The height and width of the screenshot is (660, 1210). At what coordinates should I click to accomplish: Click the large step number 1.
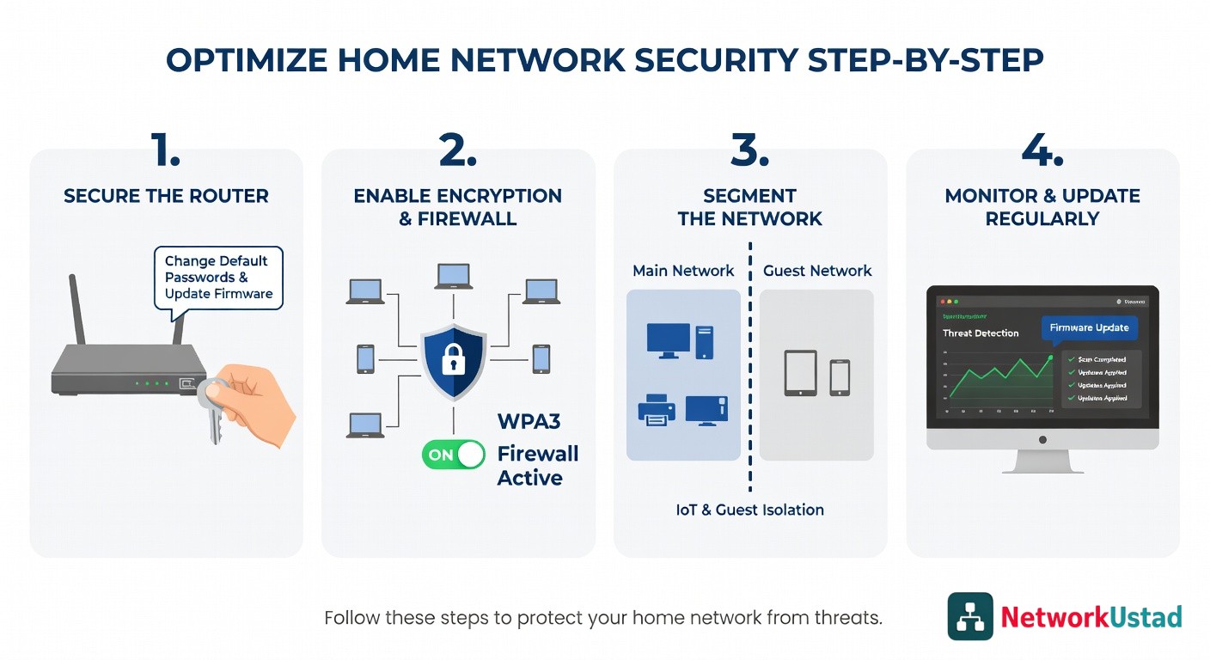pyautogui.click(x=166, y=151)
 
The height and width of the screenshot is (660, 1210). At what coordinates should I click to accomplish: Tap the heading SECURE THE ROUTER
pyautogui.click(x=166, y=196)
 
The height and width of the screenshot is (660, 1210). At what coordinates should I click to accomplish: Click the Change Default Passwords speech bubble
pyautogui.click(x=218, y=277)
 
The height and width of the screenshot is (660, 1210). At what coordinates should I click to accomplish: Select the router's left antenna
pyautogui.click(x=78, y=309)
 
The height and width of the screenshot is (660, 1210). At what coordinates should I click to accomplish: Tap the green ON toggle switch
pyautogui.click(x=453, y=455)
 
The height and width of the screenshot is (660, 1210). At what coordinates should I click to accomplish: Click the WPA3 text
pyautogui.click(x=529, y=421)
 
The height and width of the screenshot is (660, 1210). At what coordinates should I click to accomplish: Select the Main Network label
pyautogui.click(x=683, y=271)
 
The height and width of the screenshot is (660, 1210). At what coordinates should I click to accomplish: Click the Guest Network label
pyautogui.click(x=817, y=271)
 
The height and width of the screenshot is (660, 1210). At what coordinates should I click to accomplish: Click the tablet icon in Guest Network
pyautogui.click(x=800, y=372)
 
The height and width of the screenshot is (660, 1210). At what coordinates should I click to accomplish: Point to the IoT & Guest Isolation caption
pyautogui.click(x=749, y=510)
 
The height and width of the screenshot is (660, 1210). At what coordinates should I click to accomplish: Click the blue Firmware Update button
pyautogui.click(x=1089, y=328)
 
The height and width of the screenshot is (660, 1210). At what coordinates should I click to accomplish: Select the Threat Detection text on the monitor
pyautogui.click(x=981, y=333)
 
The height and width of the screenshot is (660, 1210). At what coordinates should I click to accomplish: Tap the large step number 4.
pyautogui.click(x=1042, y=151)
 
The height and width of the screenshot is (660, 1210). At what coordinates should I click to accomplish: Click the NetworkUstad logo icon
pyautogui.click(x=969, y=616)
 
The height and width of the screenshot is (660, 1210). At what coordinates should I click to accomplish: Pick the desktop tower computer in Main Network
pyautogui.click(x=704, y=341)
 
